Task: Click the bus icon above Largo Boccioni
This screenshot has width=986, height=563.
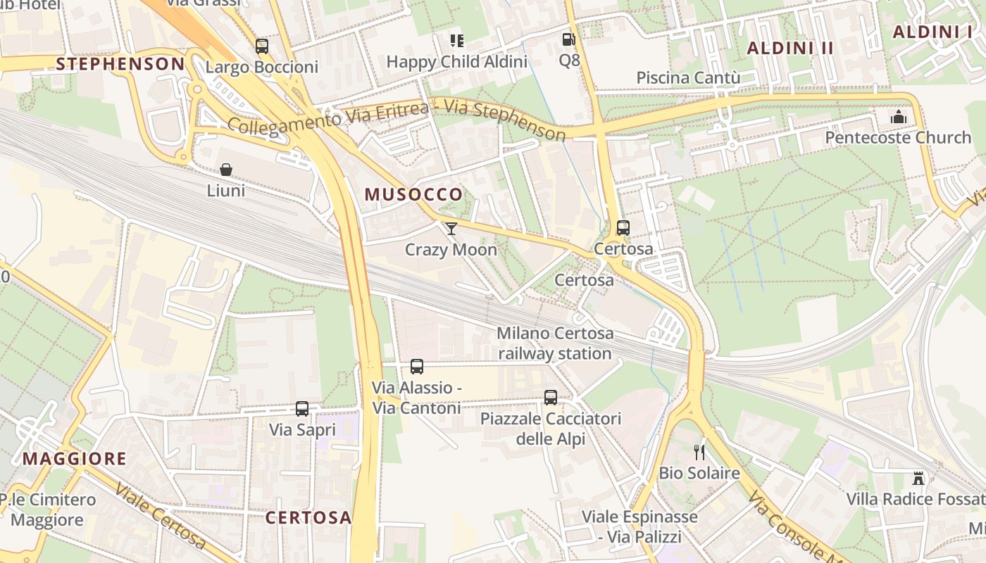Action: click(x=262, y=46)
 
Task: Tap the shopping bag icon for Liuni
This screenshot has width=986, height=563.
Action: click(x=226, y=170)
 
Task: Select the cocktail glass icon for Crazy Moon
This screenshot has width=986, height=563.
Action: click(x=451, y=228)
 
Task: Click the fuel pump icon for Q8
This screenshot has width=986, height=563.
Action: click(x=568, y=39)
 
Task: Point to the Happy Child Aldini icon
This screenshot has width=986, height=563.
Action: click(x=457, y=41)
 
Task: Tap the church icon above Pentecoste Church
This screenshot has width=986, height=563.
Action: click(x=898, y=116)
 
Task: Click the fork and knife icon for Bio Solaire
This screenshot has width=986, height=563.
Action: click(x=699, y=452)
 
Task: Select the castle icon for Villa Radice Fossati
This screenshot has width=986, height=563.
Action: click(x=918, y=479)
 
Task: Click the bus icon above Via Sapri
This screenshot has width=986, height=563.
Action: click(x=302, y=408)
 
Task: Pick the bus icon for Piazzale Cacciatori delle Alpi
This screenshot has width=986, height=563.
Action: click(x=551, y=398)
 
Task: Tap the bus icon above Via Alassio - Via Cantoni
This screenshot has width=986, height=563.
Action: click(x=417, y=367)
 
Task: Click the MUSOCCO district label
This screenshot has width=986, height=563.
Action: click(x=413, y=195)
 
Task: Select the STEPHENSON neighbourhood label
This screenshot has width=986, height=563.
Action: click(x=120, y=64)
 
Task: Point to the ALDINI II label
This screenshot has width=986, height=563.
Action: click(x=790, y=48)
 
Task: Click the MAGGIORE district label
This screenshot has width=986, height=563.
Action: click(x=75, y=459)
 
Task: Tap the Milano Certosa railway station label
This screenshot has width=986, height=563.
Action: click(x=555, y=343)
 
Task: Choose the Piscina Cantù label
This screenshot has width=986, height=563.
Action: click(x=688, y=77)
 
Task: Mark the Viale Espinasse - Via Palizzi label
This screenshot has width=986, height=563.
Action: click(x=639, y=527)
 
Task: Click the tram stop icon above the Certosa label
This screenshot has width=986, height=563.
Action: click(x=623, y=228)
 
